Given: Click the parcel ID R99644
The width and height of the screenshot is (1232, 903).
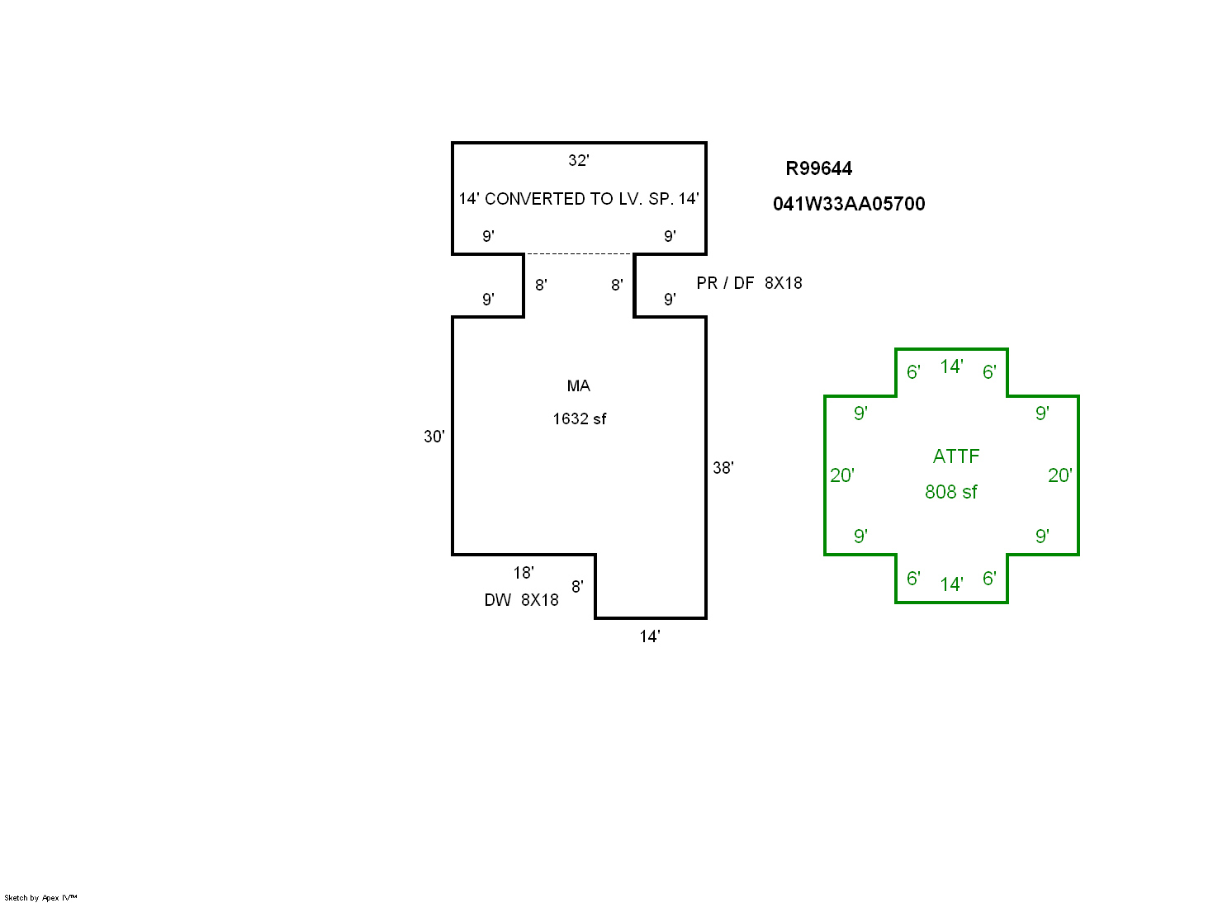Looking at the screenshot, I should point(818,168).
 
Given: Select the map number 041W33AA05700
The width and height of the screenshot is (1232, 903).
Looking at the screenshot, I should point(849,204).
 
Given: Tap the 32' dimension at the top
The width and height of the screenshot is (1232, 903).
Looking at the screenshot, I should point(578,160).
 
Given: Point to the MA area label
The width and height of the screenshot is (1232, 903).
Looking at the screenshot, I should point(578,385).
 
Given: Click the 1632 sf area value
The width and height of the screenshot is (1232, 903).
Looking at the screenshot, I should point(579,418).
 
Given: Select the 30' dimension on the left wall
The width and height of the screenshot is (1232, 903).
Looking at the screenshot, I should point(434,436).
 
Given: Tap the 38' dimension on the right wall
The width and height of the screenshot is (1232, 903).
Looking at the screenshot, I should point(723,468).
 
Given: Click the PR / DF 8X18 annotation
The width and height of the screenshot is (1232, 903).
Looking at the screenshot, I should point(749,283).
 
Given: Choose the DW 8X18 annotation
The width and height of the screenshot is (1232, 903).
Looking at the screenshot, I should point(521,600).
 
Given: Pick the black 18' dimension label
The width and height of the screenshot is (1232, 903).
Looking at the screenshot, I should point(523,572).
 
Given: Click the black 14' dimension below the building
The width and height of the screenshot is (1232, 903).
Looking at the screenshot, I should point(649,636).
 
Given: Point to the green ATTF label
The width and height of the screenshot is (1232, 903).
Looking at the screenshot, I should point(955,456).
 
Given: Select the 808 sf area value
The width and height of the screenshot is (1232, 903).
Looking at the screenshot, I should point(950,492).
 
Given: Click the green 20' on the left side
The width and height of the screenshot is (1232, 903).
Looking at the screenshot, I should point(841,475).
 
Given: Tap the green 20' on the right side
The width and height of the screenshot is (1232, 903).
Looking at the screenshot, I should point(1059,475).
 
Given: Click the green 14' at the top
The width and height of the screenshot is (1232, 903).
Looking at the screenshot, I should point(951,366).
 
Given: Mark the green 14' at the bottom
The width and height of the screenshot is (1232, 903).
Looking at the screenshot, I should point(951,584).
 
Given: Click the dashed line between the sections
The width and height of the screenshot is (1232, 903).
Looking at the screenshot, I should point(578,254).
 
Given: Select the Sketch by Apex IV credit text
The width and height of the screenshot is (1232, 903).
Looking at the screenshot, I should point(40,897).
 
